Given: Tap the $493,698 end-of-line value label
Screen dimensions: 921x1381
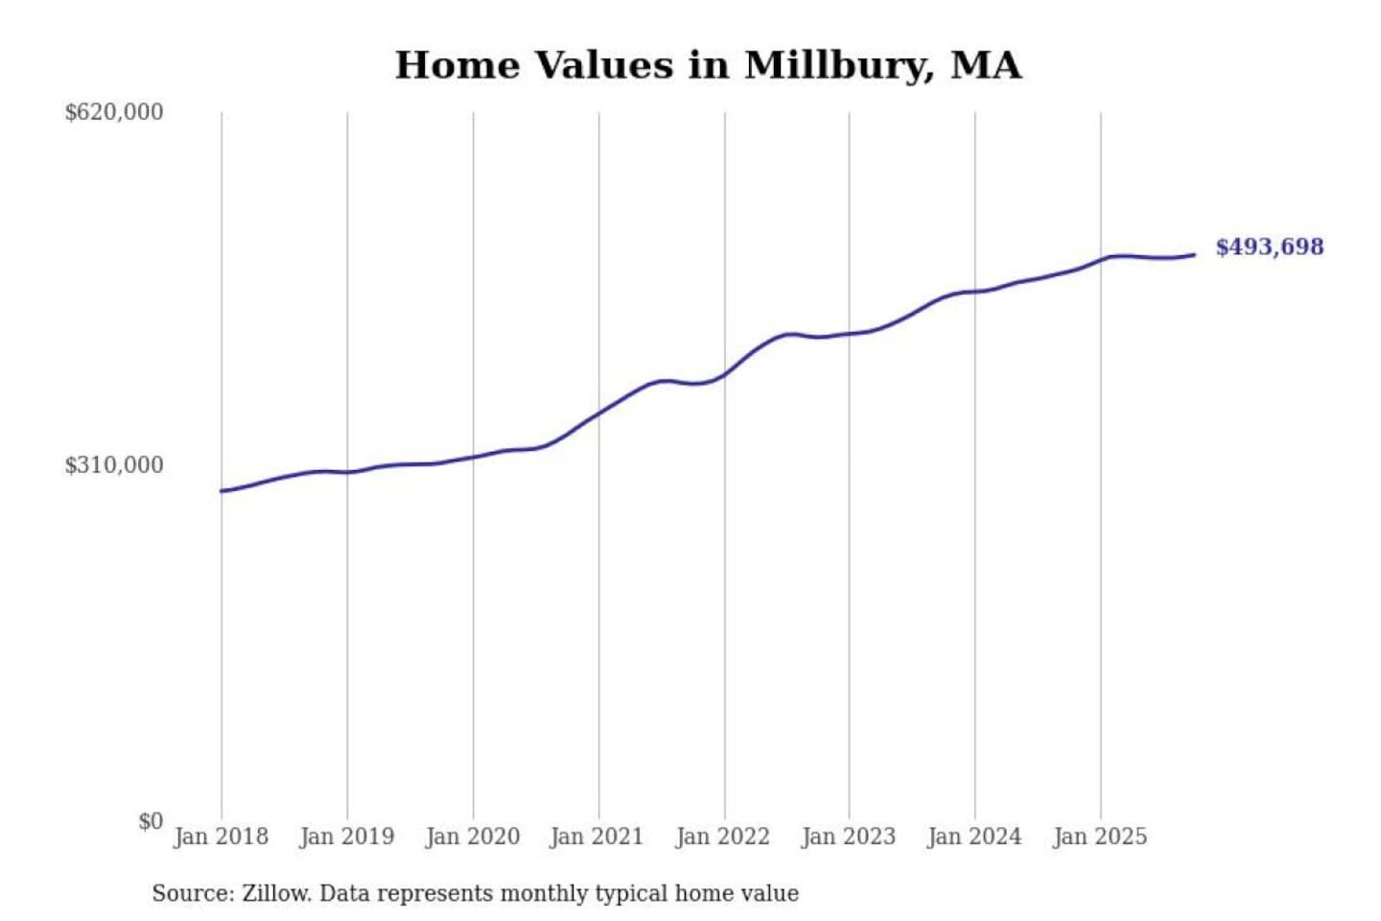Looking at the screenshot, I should [1269, 248].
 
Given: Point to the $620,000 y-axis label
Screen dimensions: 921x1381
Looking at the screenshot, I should [114, 112].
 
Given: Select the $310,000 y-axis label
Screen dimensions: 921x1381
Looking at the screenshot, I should [114, 465].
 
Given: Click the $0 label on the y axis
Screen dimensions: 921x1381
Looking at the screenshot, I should [151, 821].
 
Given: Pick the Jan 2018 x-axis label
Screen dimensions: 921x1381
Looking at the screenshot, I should [221, 837].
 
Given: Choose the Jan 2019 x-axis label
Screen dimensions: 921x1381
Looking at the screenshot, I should [346, 837].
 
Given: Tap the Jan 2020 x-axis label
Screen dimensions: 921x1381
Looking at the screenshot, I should [472, 837].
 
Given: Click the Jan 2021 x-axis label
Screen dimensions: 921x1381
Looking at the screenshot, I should [597, 837].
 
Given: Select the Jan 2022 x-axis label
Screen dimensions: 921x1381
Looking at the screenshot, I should [722, 837].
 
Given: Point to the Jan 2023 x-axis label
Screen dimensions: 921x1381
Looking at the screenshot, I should [848, 837].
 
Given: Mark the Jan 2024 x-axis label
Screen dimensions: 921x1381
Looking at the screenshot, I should [973, 837].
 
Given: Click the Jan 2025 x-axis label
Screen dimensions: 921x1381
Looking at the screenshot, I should [1099, 837].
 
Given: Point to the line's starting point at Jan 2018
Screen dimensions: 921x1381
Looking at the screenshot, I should [222, 491].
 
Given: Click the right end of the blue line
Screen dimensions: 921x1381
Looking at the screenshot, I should [1194, 254].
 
